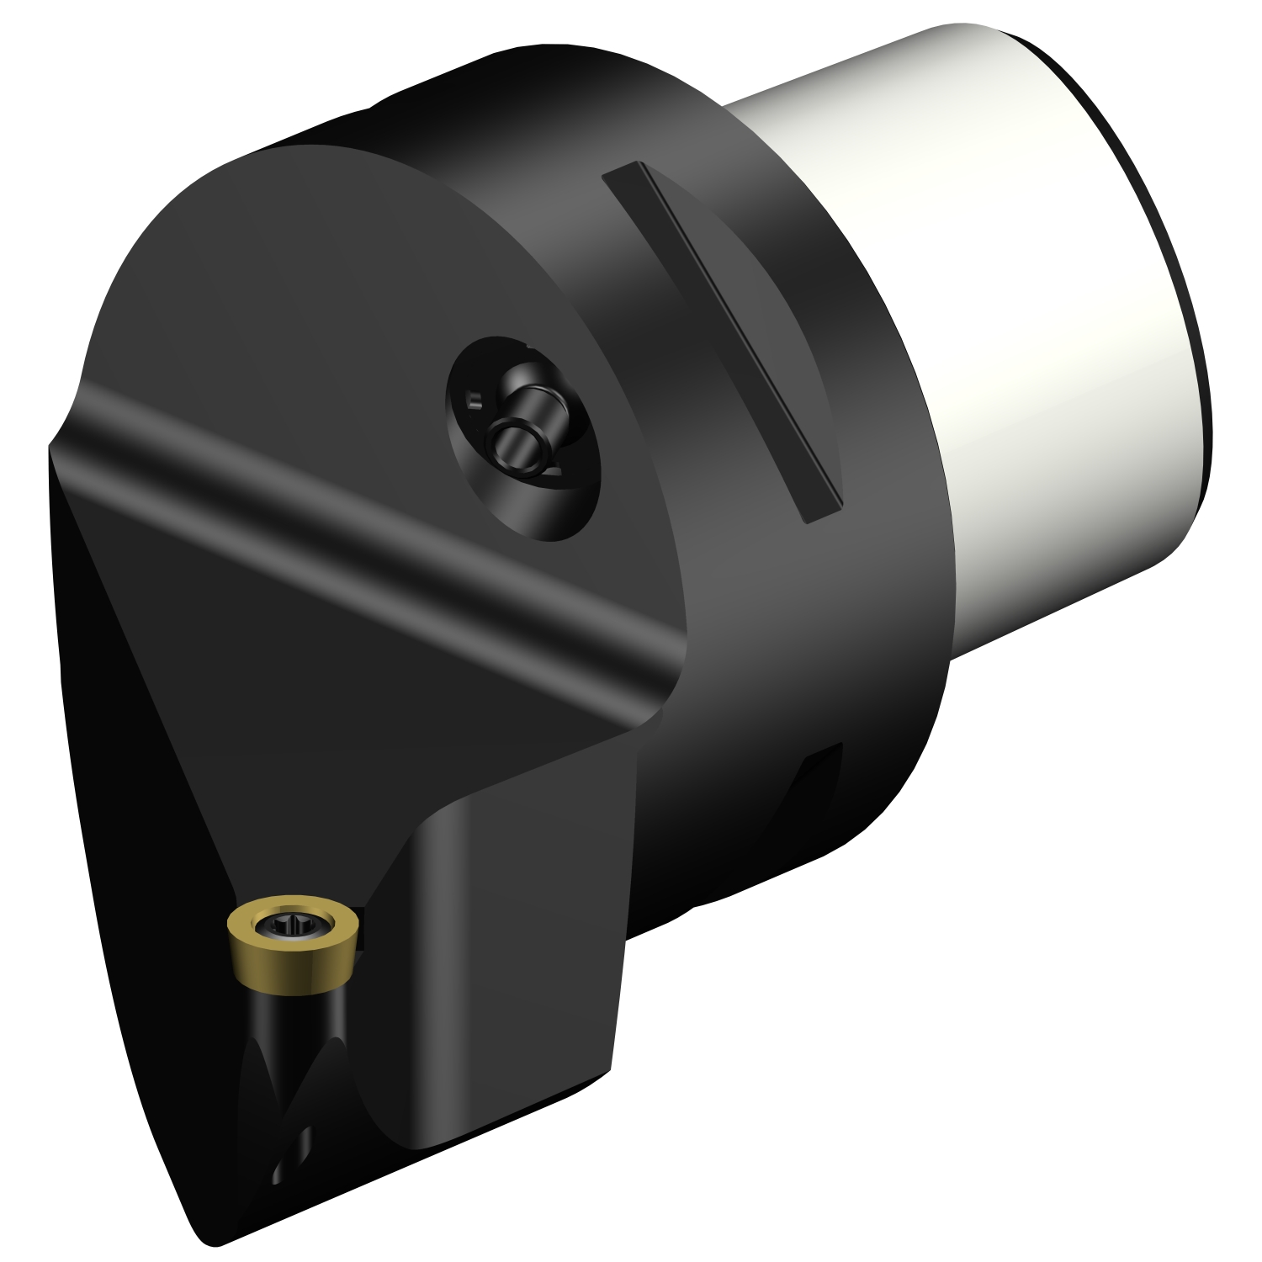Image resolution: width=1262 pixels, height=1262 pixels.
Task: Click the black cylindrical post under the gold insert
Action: [315, 1010]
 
